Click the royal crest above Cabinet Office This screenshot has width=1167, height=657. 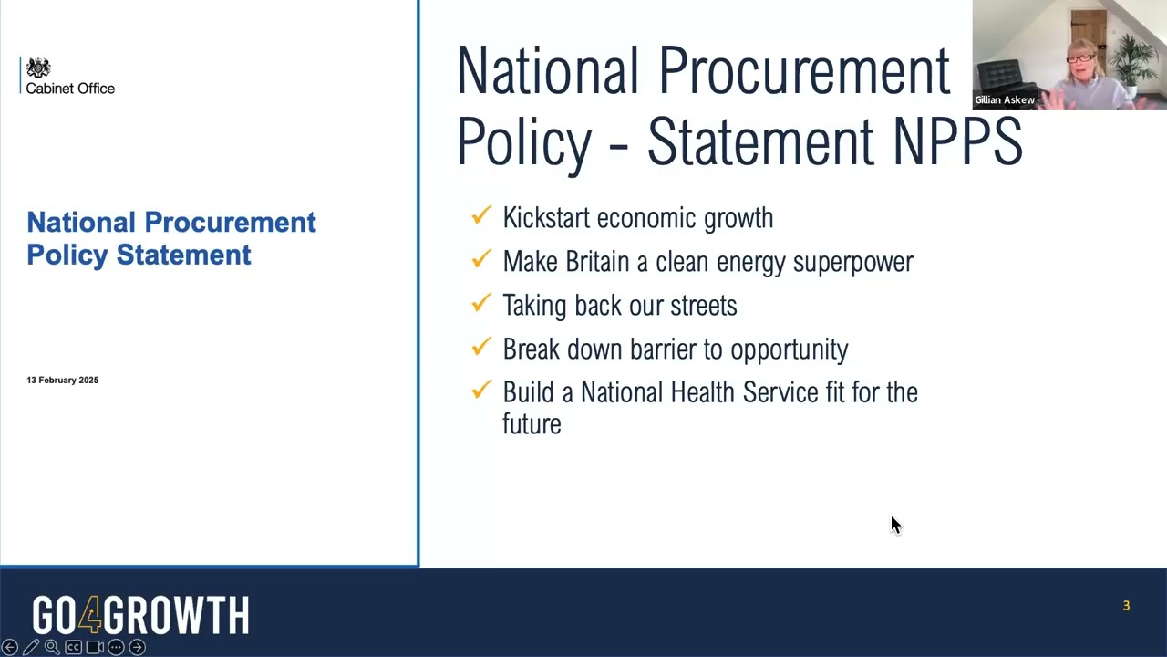point(38,68)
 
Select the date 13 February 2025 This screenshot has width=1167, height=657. point(62,380)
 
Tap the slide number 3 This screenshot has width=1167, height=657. point(1126,606)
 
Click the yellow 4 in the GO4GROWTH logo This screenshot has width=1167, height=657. point(89,616)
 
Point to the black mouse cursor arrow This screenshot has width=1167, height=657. point(894,524)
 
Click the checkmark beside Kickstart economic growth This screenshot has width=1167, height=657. point(481,216)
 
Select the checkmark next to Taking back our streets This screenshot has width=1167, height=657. point(481,304)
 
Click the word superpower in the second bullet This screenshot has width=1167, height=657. point(852,262)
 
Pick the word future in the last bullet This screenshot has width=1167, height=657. point(532,424)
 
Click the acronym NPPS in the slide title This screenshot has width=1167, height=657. point(957,142)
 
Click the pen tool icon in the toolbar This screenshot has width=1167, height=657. point(31,647)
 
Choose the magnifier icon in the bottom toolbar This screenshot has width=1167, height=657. point(52,647)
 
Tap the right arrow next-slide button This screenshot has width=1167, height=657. point(137,647)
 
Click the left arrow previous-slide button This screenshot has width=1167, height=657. point(10,647)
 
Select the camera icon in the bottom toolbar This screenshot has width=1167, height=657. point(95,647)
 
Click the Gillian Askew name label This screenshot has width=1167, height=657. point(1005,100)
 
